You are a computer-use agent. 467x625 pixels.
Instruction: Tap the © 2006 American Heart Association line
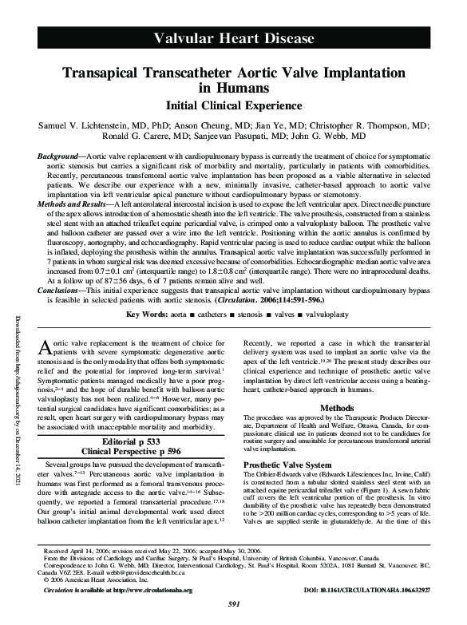click(x=96, y=580)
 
